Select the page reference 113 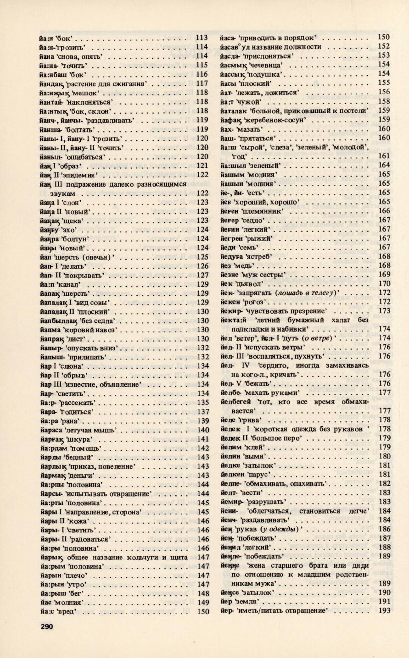[202, 38]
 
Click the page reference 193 [384, 610]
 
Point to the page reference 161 [384, 155]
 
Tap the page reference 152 [384, 46]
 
